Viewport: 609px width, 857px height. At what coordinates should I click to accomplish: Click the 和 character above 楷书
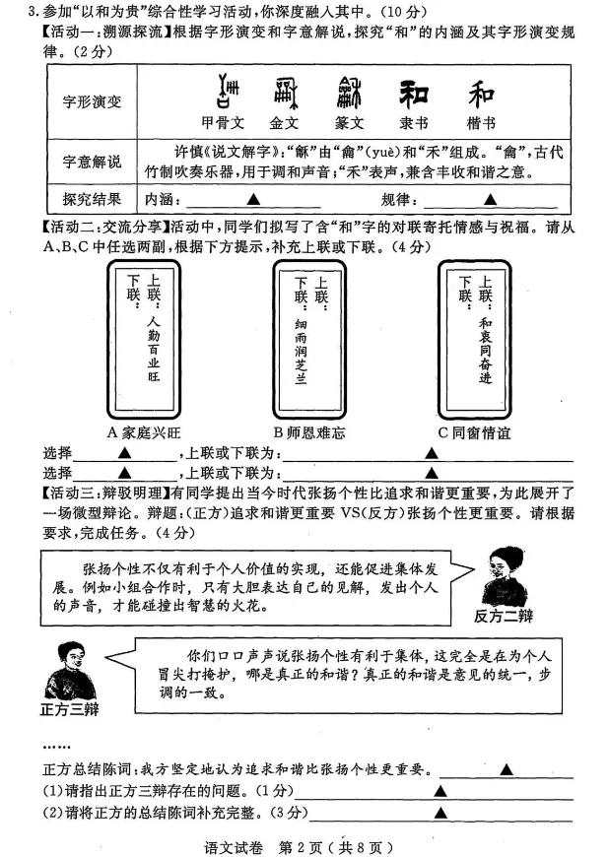[481, 95]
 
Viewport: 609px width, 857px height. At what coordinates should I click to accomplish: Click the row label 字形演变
[93, 100]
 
